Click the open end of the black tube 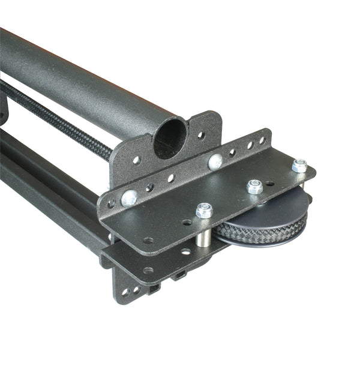170,137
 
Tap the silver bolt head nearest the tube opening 215,160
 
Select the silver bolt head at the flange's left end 128,197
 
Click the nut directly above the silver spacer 204,210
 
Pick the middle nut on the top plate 254,187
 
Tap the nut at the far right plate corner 299,165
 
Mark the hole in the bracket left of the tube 136,160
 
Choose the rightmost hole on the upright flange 262,140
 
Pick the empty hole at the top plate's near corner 148,240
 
